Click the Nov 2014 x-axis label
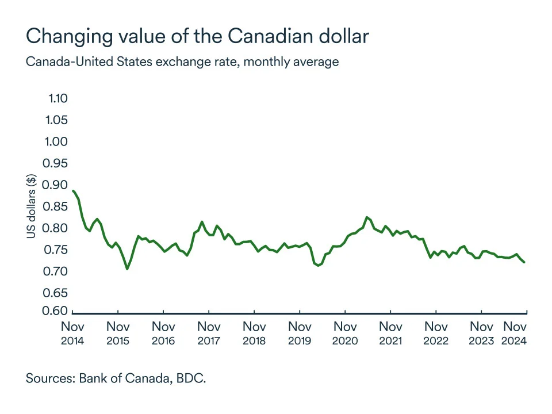pos(72,333)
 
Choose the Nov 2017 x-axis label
pos(209,333)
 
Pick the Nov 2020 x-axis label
pos(344,333)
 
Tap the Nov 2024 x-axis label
pos(516,333)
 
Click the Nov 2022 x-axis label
pos(436,333)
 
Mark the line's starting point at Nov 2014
pos(73,190)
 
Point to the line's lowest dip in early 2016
pos(127,269)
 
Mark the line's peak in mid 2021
pos(367,217)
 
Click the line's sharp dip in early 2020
pos(318,265)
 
